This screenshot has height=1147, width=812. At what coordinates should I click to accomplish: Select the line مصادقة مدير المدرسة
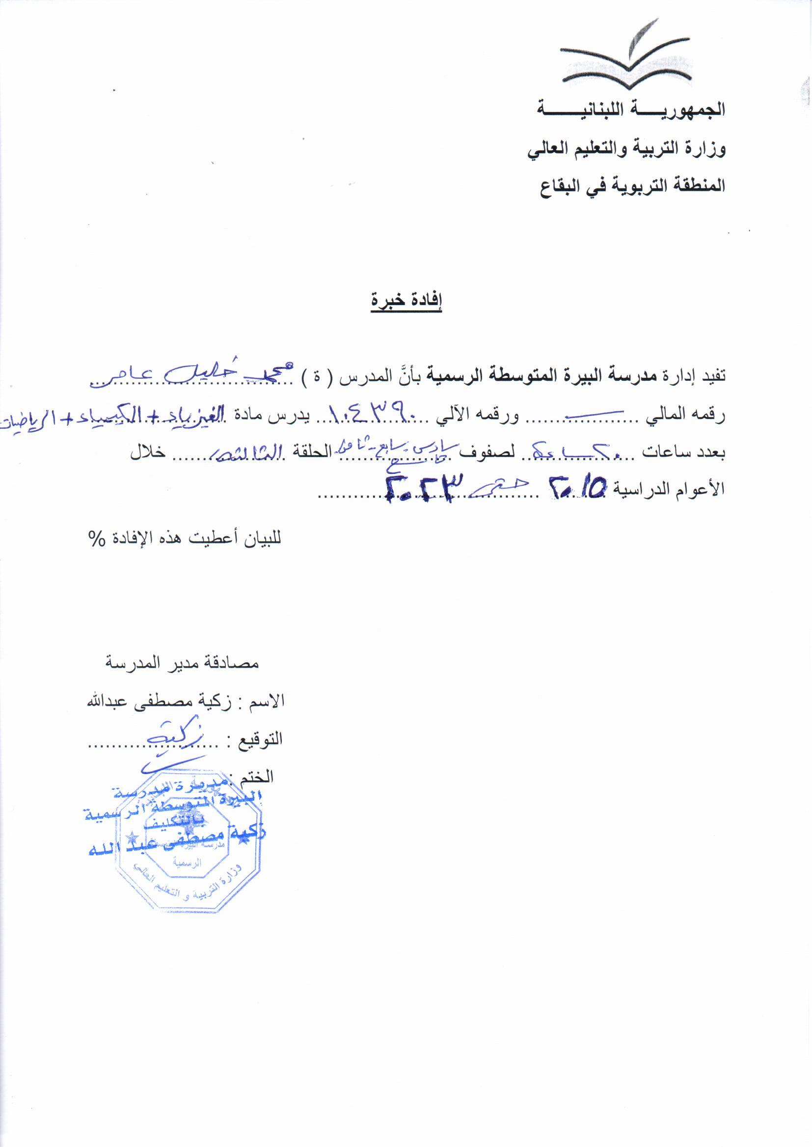pos(182,663)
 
